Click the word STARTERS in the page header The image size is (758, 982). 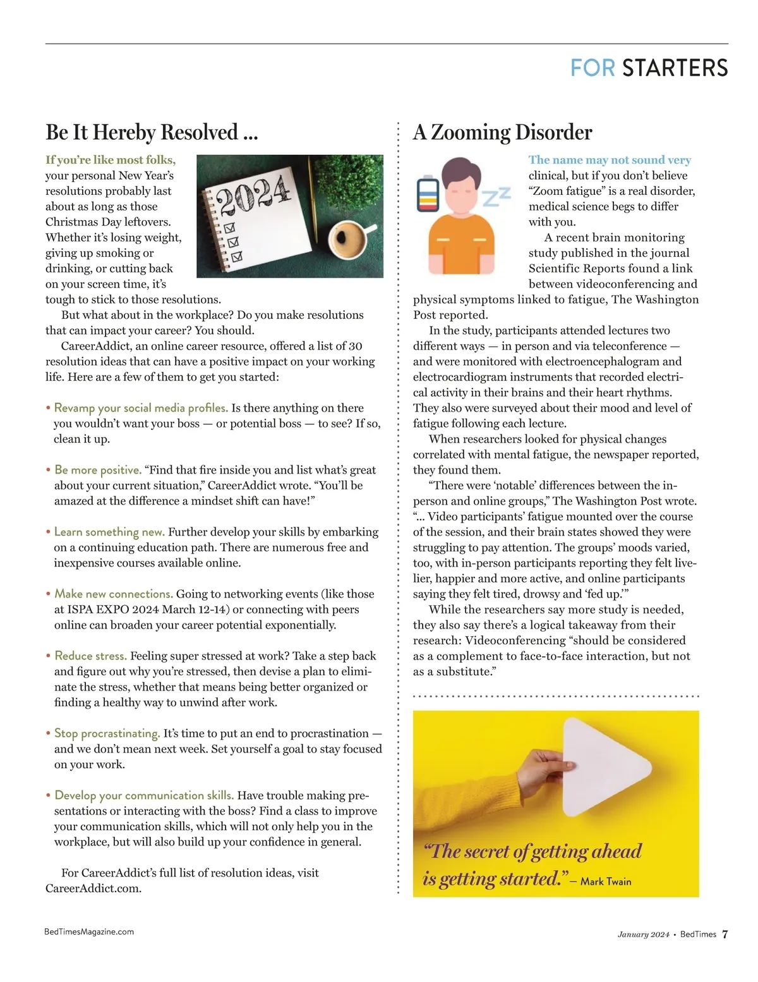(x=675, y=68)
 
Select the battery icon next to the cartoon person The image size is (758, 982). (x=428, y=194)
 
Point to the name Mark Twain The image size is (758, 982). (x=605, y=881)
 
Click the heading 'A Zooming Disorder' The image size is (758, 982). (x=502, y=133)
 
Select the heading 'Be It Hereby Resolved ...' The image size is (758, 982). (x=152, y=133)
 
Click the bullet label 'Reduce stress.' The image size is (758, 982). (x=90, y=656)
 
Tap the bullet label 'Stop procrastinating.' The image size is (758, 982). (x=107, y=733)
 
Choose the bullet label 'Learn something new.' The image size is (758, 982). (x=109, y=532)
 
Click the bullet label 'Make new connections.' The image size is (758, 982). (x=113, y=594)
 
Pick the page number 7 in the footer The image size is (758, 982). (x=725, y=934)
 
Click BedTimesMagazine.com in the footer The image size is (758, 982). (x=89, y=931)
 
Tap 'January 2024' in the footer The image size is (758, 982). (x=643, y=935)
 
